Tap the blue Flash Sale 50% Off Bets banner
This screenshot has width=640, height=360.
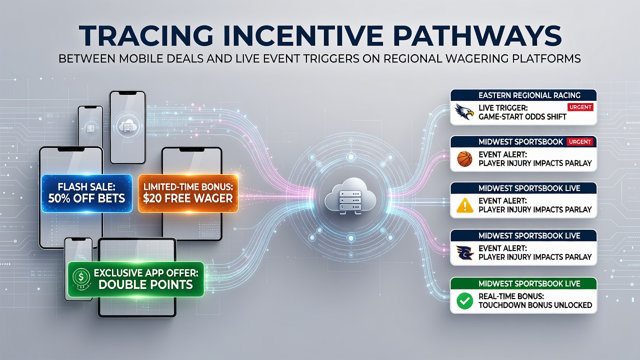click(87, 193)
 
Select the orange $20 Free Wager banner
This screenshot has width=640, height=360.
click(188, 193)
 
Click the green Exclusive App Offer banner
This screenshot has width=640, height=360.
click(136, 279)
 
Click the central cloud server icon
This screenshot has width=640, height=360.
click(350, 195)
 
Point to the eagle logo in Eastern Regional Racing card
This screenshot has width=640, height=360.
click(464, 111)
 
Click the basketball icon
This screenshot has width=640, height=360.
click(464, 159)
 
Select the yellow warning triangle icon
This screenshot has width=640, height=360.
click(465, 205)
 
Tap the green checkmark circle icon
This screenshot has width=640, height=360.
click(465, 301)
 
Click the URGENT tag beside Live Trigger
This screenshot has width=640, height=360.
click(580, 107)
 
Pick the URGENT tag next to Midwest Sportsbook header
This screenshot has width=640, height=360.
click(579, 141)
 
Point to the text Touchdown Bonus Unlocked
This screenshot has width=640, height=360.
click(535, 305)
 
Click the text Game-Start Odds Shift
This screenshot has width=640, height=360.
click(522, 117)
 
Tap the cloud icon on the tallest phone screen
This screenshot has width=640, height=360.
click(127, 125)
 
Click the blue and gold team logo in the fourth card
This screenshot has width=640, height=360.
click(464, 253)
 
